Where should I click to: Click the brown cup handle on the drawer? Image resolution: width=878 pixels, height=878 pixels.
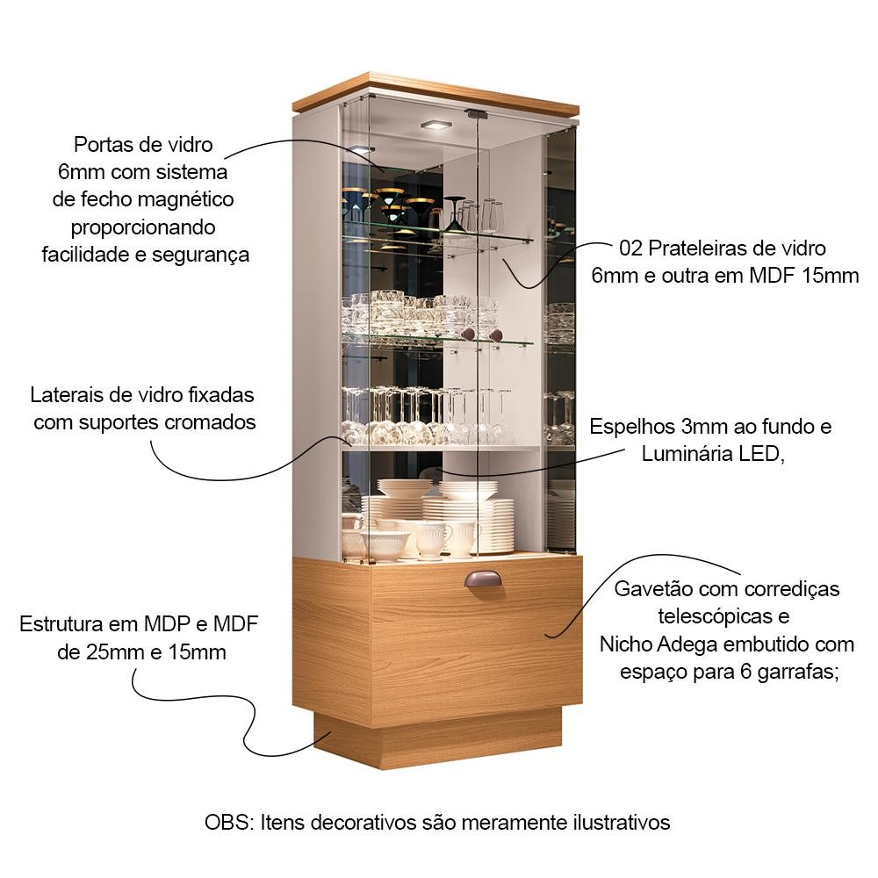click(483, 579)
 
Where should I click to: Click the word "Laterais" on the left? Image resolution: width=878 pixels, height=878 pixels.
click(67, 395)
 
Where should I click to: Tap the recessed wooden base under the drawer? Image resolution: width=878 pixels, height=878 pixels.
click(438, 739)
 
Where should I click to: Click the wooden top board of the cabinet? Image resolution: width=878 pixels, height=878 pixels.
click(435, 94)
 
